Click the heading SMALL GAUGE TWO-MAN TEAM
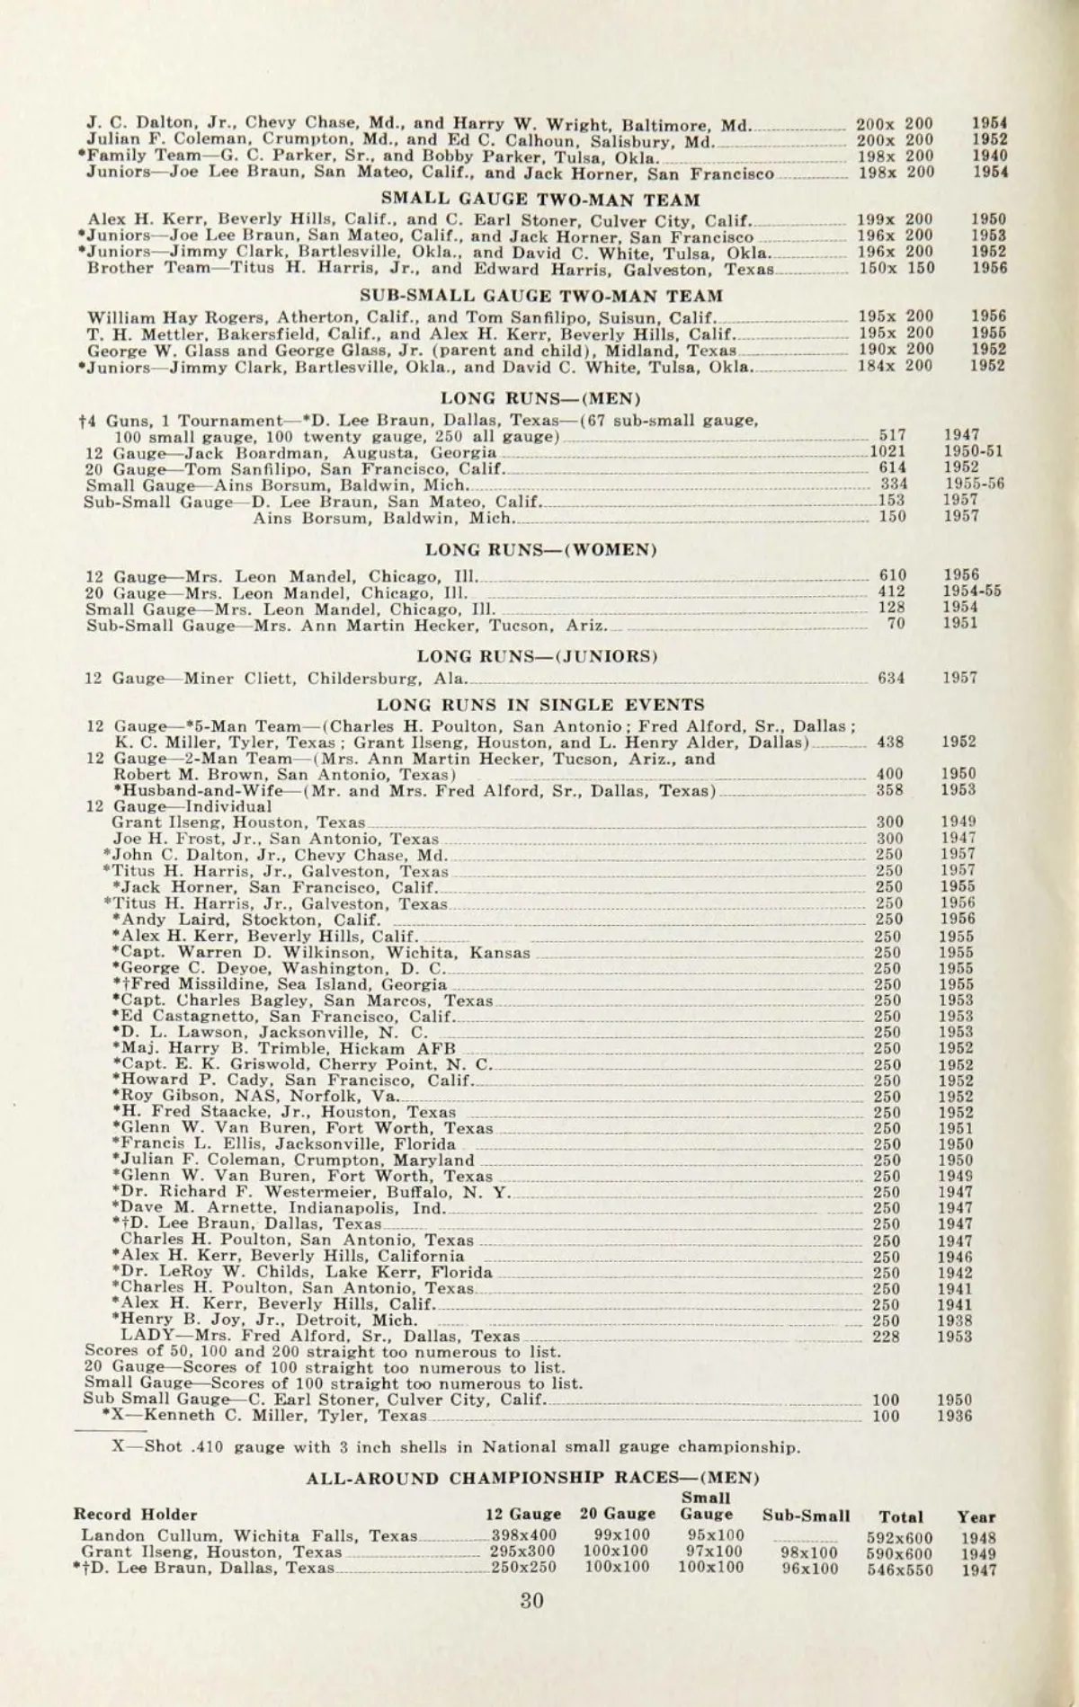540,200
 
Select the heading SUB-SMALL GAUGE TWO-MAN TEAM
541,296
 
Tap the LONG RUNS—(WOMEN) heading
540,549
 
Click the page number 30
531,1624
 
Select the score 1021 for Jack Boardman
887,452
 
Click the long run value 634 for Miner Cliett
891,679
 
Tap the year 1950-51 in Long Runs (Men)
973,452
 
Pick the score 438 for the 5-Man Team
891,742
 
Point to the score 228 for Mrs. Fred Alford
887,1337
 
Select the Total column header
901,1516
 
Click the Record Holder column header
136,1515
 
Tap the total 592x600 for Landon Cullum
900,1538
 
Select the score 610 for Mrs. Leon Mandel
892,575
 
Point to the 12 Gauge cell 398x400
523,1536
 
